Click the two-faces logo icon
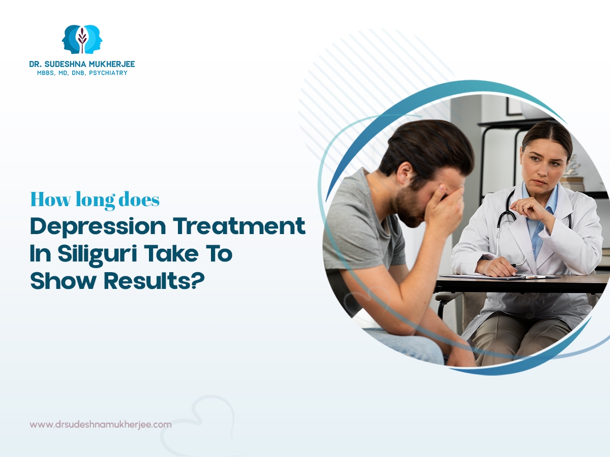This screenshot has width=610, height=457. [82, 39]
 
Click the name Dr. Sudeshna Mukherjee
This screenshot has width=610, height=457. [82, 64]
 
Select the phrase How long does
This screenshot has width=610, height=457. [95, 200]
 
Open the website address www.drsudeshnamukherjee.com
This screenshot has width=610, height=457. [101, 425]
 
